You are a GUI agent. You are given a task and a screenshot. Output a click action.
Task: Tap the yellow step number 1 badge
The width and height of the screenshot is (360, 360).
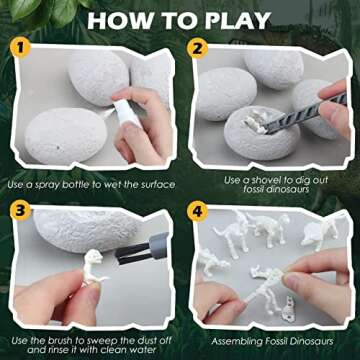(x=19, y=47)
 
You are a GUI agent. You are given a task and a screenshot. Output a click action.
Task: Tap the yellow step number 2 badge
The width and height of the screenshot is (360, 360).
(x=197, y=47)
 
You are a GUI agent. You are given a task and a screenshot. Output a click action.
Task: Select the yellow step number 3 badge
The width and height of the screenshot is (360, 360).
(x=19, y=211)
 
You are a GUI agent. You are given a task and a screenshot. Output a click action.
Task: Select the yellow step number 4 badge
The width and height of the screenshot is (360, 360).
(x=197, y=211)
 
